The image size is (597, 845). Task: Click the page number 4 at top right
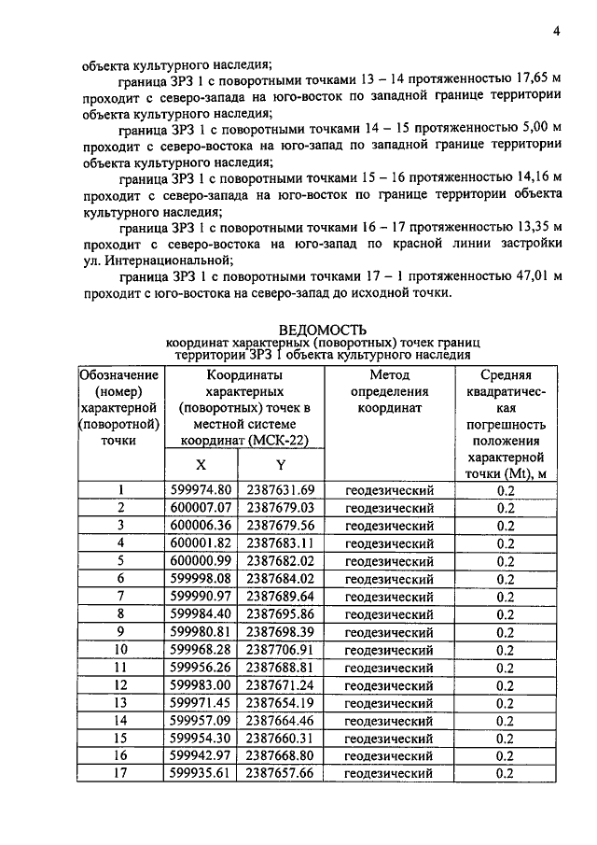pos(556,31)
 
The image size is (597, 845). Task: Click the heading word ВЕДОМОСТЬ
pos(322,329)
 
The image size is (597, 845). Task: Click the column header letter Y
pos(280,464)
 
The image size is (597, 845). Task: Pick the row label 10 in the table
pos(120,650)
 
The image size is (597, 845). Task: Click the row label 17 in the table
pos(120,774)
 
